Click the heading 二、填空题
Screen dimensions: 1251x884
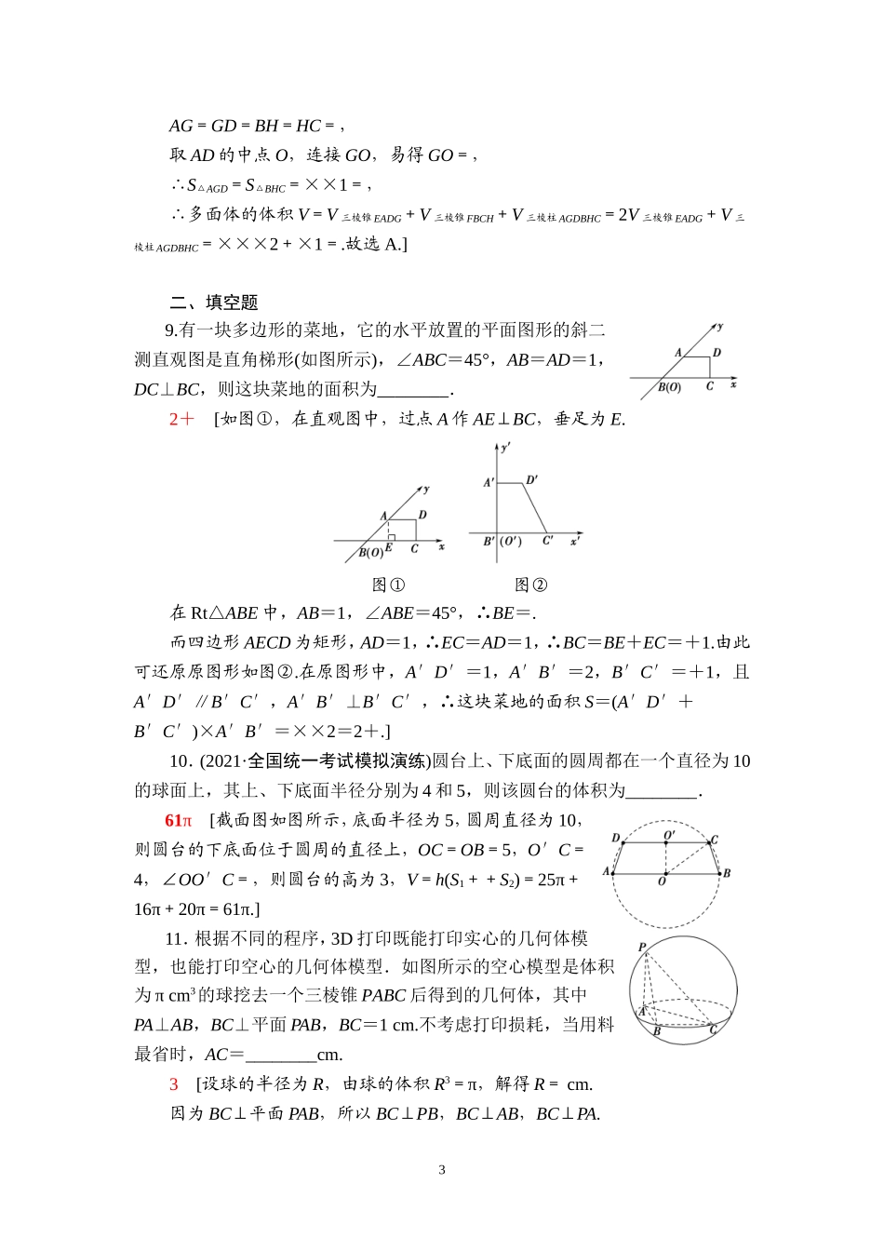click(214, 303)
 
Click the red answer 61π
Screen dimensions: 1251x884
click(178, 820)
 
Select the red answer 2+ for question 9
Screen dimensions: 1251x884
click(181, 419)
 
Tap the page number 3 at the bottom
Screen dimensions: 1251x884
click(442, 1170)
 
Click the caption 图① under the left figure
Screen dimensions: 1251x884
click(388, 585)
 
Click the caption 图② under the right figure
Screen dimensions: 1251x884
click(530, 585)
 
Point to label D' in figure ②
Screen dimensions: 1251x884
click(531, 480)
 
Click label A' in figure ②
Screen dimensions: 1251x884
click(489, 483)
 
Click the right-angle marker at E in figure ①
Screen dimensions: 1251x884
click(391, 537)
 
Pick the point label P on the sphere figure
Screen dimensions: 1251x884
click(642, 948)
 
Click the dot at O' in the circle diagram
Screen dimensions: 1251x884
click(670, 845)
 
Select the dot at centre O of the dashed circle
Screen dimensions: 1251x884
click(663, 873)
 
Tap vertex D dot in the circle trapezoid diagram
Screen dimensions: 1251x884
click(621, 844)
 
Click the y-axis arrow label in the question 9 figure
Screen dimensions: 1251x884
click(721, 327)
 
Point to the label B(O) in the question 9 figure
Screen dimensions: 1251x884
click(669, 387)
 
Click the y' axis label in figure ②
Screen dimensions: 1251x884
click(505, 449)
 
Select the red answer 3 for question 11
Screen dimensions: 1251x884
click(174, 1084)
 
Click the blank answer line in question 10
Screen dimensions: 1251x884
click(662, 791)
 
